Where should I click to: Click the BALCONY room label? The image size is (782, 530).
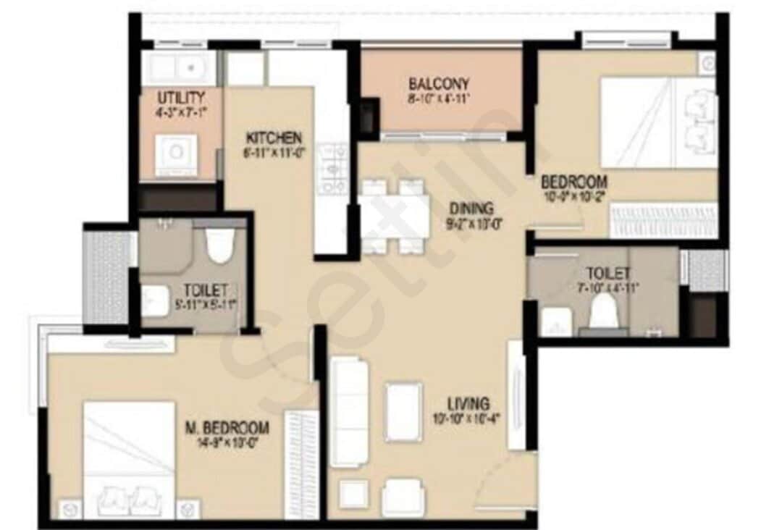(439, 83)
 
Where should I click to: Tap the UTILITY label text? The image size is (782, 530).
(181, 97)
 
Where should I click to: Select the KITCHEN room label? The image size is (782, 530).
(274, 138)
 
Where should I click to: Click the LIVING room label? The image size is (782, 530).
(468, 403)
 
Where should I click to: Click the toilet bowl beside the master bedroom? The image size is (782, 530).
(218, 245)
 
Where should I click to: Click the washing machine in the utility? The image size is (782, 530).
(177, 153)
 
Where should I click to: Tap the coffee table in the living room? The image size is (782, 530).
(403, 412)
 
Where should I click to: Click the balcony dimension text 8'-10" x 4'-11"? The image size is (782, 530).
(439, 98)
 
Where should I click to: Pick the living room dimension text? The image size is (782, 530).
(468, 418)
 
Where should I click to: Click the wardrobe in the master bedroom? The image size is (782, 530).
(302, 463)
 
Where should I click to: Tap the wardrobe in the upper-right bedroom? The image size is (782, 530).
(663, 220)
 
